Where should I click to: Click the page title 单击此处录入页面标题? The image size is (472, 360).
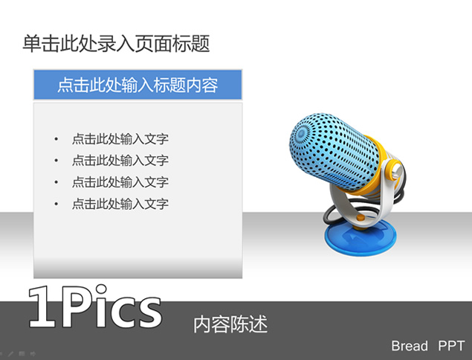click(116, 44)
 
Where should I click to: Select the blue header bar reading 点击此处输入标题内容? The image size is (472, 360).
click(138, 85)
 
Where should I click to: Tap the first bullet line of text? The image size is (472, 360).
click(120, 139)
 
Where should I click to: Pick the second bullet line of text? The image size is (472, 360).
click(120, 160)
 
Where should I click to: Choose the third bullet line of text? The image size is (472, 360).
click(120, 182)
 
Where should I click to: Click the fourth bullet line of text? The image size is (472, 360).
click(120, 204)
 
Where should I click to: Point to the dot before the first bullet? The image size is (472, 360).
click(56, 139)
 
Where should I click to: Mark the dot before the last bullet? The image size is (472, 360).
click(56, 204)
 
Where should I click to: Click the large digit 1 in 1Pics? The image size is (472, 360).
click(43, 307)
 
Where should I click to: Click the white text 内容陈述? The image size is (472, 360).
click(230, 324)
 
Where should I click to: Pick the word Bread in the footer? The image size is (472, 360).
click(410, 346)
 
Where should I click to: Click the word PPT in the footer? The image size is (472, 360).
click(451, 346)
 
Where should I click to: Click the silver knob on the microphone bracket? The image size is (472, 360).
click(396, 171)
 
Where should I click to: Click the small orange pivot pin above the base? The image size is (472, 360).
click(360, 218)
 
